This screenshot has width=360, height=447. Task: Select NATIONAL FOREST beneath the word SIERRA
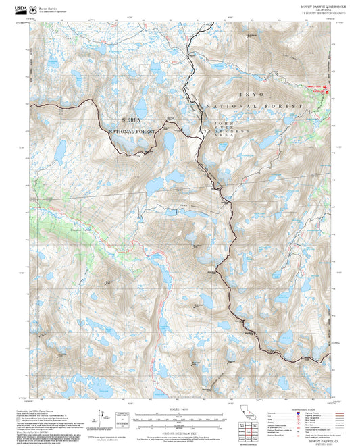point(132,131)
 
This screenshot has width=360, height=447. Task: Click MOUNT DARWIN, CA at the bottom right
point(319,438)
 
